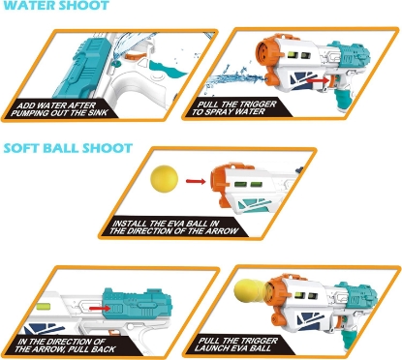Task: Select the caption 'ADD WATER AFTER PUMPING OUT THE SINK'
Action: pos(58,108)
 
